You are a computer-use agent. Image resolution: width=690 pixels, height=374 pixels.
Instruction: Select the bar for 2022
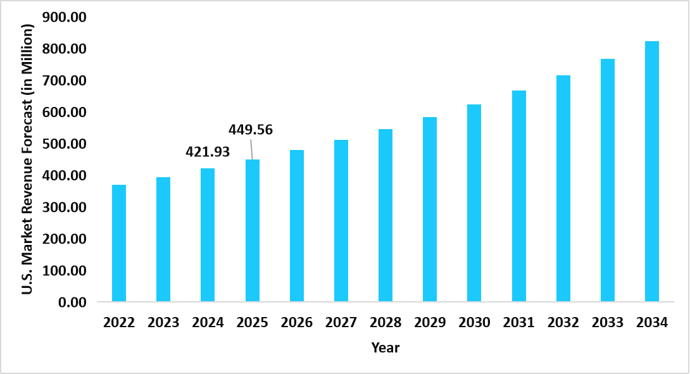tap(119, 243)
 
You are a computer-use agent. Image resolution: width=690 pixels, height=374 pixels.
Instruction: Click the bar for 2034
tap(652, 171)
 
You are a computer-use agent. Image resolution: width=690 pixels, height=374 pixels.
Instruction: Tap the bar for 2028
tap(386, 215)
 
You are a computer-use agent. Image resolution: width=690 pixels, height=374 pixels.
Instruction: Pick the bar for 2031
tap(519, 196)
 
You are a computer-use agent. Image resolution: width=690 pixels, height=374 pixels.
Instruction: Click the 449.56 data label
tap(251, 130)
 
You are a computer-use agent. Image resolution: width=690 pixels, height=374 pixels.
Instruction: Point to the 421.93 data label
tap(208, 152)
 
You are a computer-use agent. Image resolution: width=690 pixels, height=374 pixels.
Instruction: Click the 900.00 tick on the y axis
tap(63, 18)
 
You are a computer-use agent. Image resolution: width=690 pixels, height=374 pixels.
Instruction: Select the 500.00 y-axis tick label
tap(63, 144)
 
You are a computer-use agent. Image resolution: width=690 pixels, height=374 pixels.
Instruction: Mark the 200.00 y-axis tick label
tap(63, 239)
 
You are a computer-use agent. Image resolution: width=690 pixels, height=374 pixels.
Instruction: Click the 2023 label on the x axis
tap(163, 323)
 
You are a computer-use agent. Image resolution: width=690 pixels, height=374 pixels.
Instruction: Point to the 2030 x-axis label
tap(475, 323)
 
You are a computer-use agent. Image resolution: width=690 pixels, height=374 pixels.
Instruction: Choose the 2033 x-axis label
tap(608, 323)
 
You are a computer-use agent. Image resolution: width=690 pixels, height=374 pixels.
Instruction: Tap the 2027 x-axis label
tap(341, 323)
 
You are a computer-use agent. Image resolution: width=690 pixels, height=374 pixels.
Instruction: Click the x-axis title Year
tap(386, 347)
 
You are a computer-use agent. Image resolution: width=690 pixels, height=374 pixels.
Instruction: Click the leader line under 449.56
tap(251, 149)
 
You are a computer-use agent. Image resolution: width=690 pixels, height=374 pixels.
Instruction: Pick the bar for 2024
tap(208, 235)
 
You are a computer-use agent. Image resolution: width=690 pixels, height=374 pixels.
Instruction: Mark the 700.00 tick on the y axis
tap(63, 81)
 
